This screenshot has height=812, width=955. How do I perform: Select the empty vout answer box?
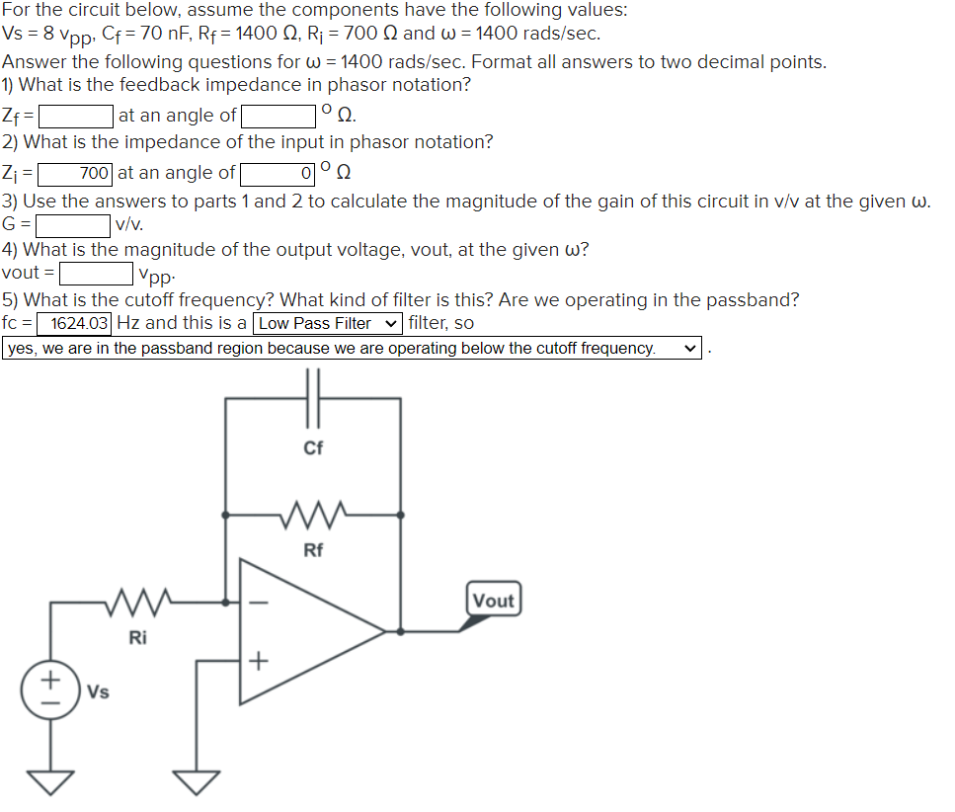tap(99, 273)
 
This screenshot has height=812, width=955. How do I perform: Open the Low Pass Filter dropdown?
tap(328, 323)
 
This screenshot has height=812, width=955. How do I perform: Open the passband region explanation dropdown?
tap(351, 349)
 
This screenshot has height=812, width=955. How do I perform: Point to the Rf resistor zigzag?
tap(313, 514)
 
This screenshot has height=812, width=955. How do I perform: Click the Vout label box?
tap(493, 601)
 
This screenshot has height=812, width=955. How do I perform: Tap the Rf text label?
tap(313, 550)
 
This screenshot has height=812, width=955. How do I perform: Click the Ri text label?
tap(138, 637)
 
